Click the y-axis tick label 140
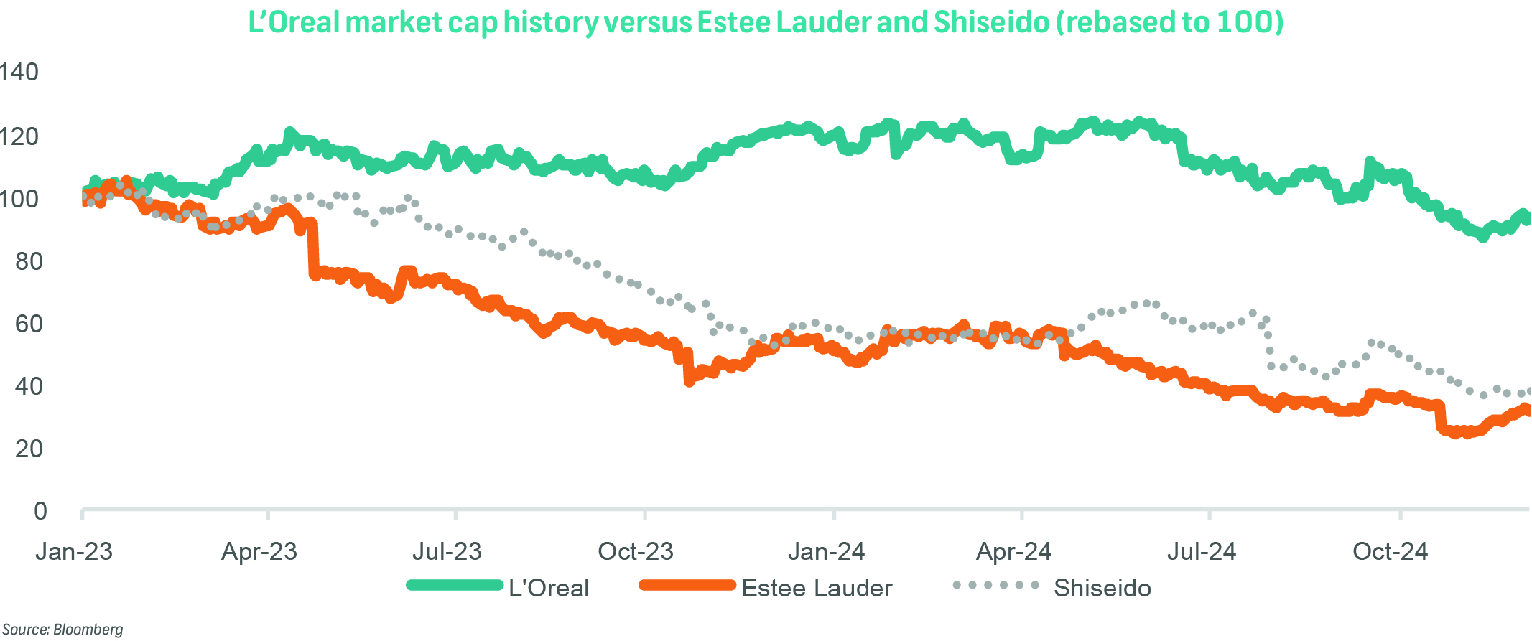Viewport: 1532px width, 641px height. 19,72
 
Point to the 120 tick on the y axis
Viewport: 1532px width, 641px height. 19,136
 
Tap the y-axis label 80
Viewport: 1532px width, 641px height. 29,261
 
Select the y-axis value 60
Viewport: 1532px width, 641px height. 29,324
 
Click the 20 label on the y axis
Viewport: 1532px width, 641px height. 29,449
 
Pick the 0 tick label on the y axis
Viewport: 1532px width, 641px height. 40,511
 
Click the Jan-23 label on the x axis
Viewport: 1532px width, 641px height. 74,551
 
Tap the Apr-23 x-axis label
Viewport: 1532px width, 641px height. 259,551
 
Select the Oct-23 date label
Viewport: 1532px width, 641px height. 636,551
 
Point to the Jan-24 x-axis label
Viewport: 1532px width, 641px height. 826,551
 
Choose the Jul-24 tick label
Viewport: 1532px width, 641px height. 1201,551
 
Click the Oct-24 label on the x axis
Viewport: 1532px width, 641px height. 1391,551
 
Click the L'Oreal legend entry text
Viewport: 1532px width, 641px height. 549,588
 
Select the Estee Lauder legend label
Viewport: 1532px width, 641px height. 817,588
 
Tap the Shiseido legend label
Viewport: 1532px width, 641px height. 1102,588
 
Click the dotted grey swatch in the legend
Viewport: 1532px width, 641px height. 995,585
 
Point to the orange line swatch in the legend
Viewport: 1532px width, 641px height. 687,585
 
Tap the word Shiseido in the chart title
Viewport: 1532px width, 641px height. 991,22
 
